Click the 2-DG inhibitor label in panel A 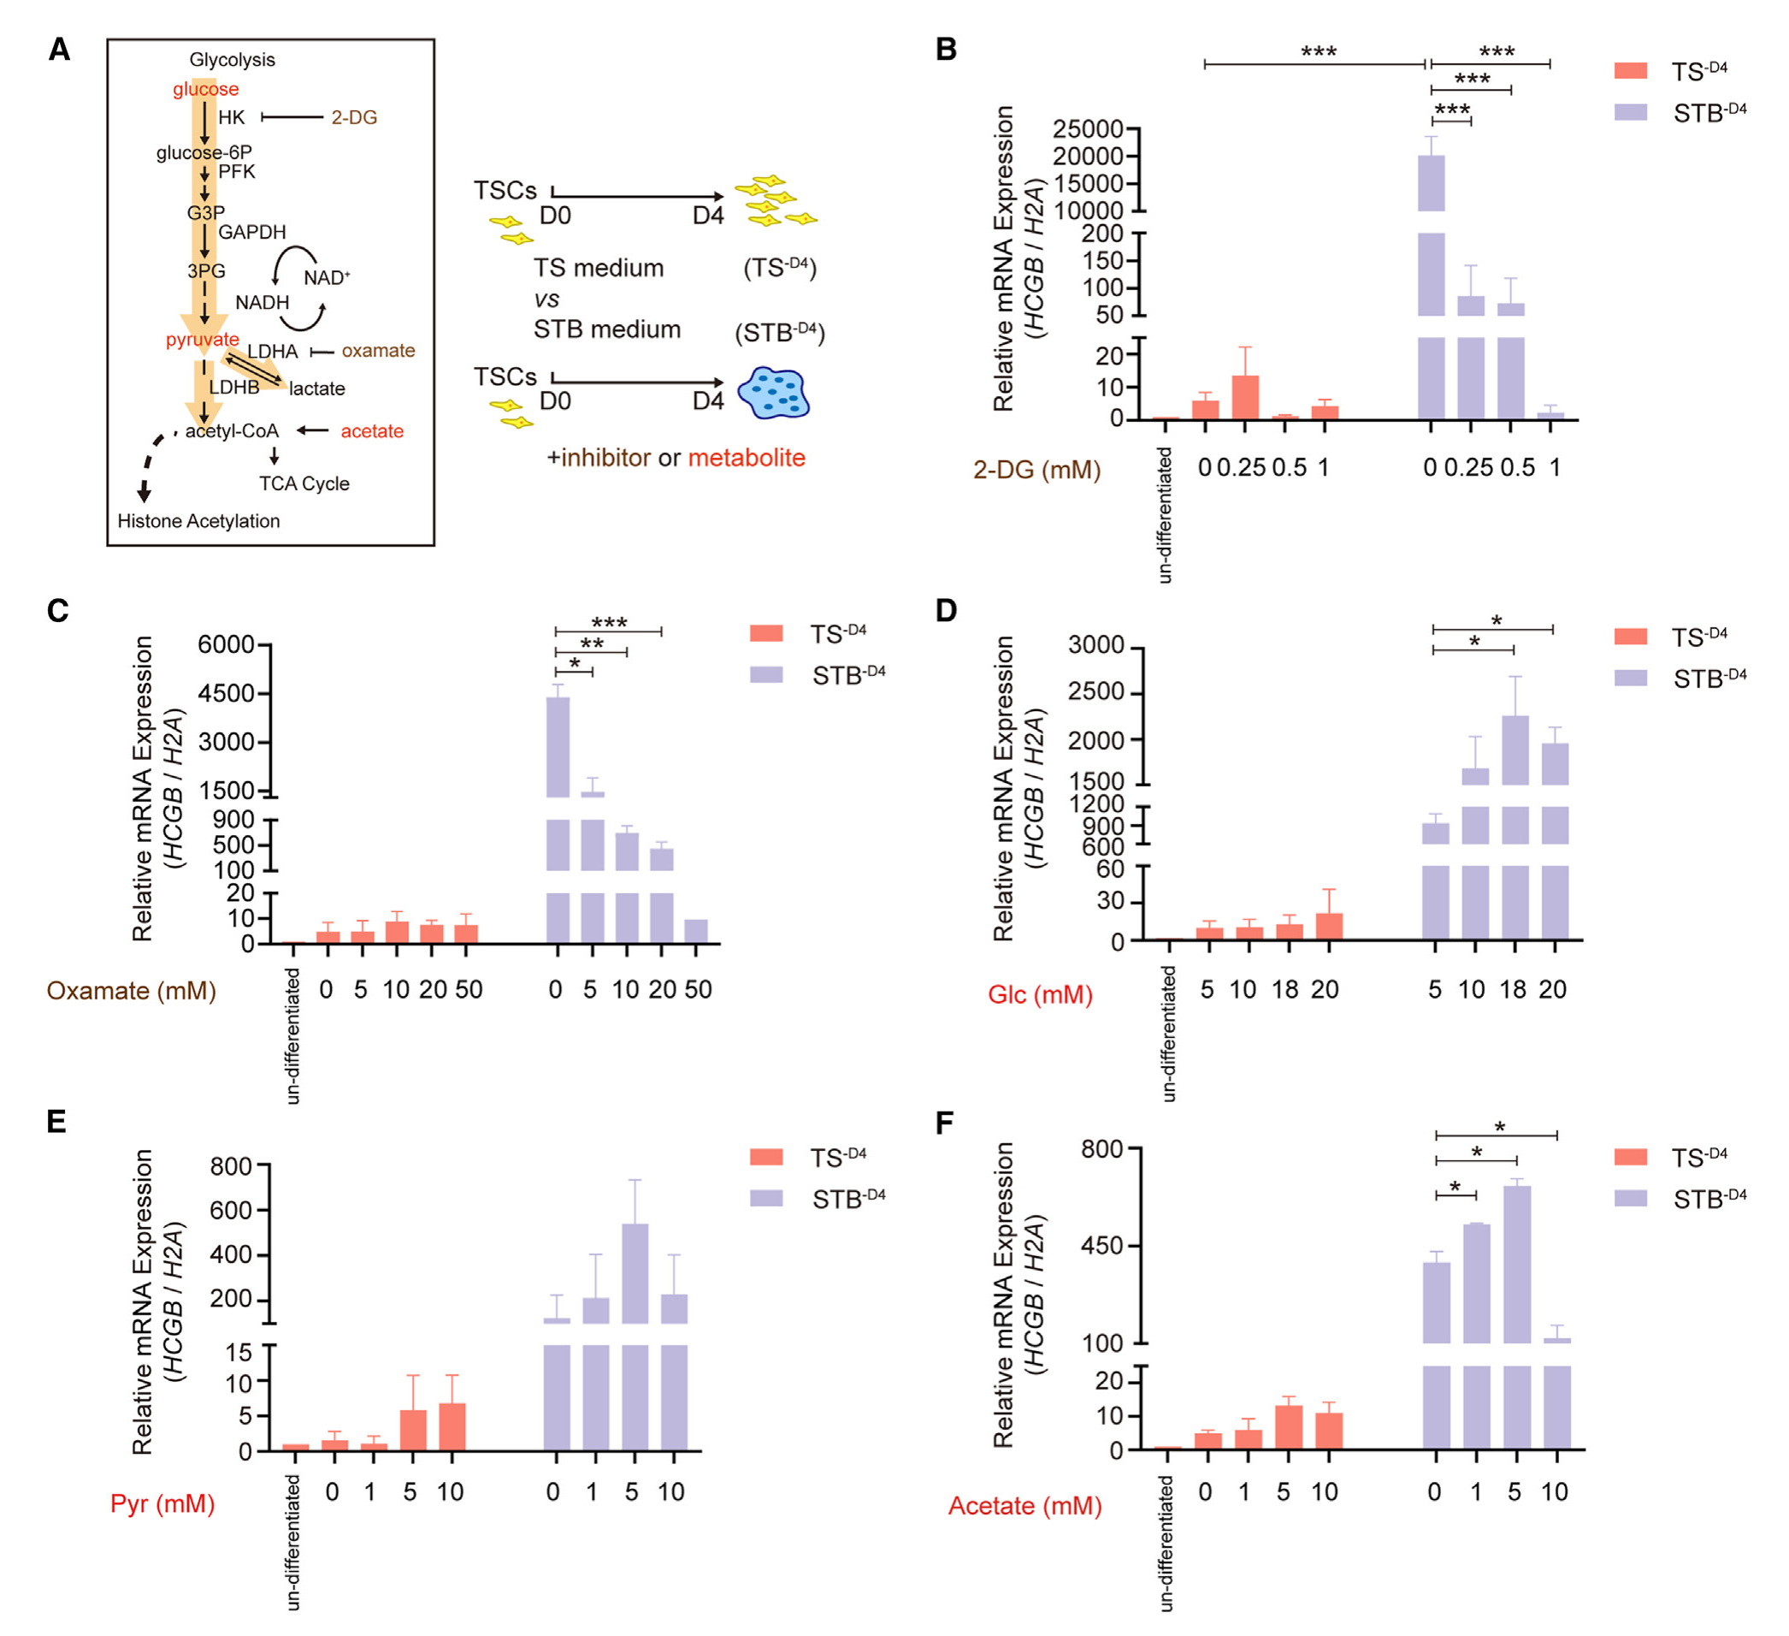coord(354,117)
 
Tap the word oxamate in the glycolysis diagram coord(378,351)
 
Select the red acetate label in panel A coord(372,431)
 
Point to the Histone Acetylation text coord(198,521)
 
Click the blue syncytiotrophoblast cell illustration coord(774,393)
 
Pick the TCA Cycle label coord(304,483)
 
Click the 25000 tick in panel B coord(1087,129)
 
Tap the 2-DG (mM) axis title coord(1036,470)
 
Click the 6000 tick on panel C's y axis coord(226,644)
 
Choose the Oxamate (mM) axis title coord(132,991)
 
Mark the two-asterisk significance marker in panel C coord(592,643)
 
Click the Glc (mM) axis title coord(1040,994)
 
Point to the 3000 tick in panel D coord(1096,645)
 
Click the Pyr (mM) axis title coord(162,1503)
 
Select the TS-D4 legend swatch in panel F coord(1630,1157)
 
